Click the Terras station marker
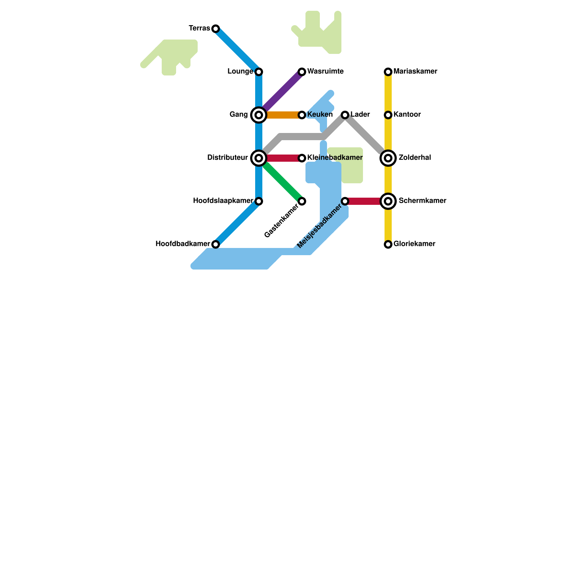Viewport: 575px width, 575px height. click(x=216, y=29)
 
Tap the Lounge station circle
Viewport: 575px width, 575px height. click(x=259, y=72)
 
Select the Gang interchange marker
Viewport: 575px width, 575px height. click(x=259, y=115)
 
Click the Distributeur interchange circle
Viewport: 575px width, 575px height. click(x=259, y=158)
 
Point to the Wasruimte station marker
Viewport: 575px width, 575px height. click(x=302, y=72)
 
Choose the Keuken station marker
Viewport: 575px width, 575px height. click(x=302, y=115)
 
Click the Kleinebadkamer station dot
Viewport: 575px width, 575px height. click(x=302, y=158)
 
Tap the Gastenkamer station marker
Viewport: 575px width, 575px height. click(x=302, y=201)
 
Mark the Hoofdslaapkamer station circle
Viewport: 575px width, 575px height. click(x=259, y=201)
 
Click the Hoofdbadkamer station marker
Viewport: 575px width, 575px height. click(x=216, y=244)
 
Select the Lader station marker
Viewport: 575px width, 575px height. click(x=345, y=115)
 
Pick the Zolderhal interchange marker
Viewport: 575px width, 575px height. click(x=388, y=158)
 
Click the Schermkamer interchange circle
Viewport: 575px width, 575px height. click(x=388, y=201)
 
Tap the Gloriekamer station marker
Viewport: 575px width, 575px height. click(x=388, y=244)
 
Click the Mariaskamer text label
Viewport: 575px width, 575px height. click(x=415, y=72)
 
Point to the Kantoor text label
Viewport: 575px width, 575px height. click(x=407, y=115)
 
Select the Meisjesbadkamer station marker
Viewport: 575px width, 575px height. click(x=345, y=201)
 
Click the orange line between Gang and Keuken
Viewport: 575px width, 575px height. click(x=282, y=115)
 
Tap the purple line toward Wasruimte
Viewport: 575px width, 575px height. click(x=282, y=92)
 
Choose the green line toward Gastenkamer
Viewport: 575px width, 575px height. click(x=282, y=181)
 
